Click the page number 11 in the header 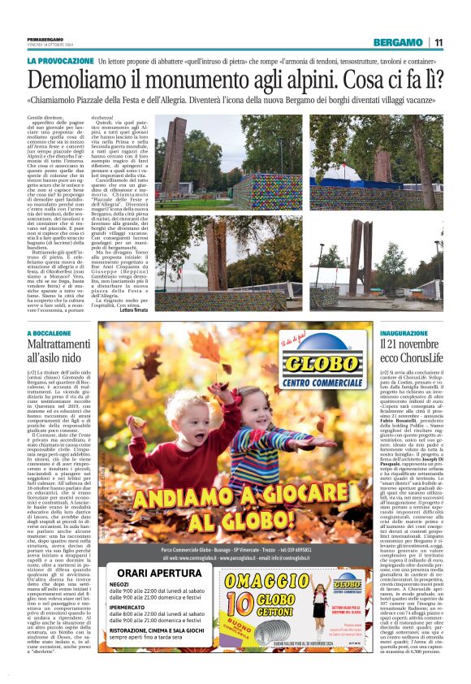438,43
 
